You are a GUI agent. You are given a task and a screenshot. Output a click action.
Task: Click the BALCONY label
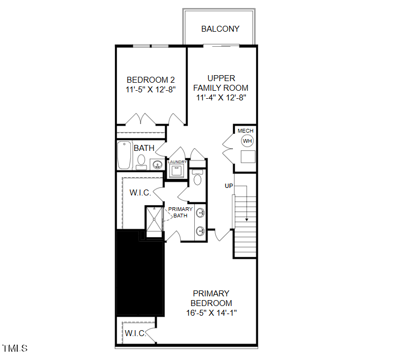pos(220,28)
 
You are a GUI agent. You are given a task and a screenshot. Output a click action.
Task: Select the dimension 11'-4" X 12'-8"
pos(221,98)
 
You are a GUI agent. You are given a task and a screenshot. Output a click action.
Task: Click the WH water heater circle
pos(247,141)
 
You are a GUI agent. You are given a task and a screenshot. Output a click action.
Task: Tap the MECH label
pos(246,130)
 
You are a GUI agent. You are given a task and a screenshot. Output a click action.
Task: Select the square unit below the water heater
pos(247,157)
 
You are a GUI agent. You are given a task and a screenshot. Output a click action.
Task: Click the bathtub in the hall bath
pos(125,155)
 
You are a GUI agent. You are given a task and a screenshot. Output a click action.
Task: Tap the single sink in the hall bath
pos(158,164)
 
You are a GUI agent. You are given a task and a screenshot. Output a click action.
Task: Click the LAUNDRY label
pos(177,162)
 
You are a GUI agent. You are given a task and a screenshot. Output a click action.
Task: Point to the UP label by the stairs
pos(229,186)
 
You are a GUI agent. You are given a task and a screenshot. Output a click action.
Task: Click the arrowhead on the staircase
pos(246,219)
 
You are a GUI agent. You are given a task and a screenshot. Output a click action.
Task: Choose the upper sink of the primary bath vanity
pos(201,213)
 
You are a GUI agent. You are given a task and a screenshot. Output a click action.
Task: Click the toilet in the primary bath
pos(197,178)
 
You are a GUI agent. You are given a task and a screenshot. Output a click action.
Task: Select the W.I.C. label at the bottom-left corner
pos(135,333)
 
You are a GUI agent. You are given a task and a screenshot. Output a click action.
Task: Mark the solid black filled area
pos(140,274)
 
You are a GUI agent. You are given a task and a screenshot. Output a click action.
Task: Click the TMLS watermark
pos(14,348)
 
